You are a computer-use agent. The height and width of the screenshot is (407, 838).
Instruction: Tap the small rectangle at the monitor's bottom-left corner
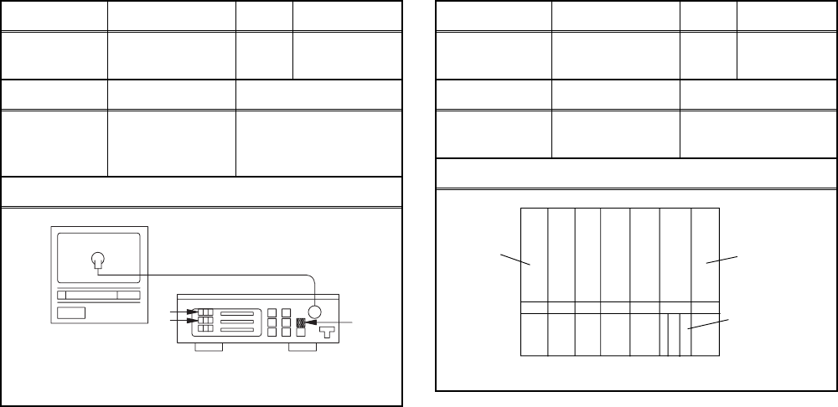[70, 312]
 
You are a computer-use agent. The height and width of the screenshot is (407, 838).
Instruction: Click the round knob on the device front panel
[315, 312]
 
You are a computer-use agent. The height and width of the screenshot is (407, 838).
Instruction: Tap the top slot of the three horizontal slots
[236, 312]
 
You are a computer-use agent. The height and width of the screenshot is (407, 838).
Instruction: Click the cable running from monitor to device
[209, 274]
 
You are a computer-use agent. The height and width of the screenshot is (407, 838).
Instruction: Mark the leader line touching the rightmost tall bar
[722, 259]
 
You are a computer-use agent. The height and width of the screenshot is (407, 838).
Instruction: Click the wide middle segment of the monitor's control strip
[92, 295]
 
